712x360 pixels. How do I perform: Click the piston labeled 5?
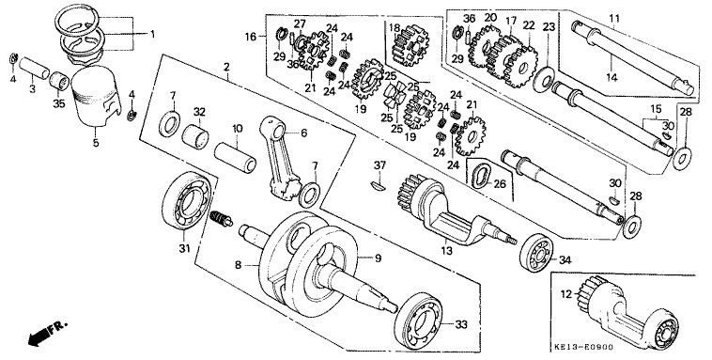coord(96,97)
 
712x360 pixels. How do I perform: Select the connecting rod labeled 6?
coord(281,158)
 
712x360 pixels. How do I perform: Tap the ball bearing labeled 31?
coord(186,201)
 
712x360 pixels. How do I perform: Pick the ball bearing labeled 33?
coord(418,321)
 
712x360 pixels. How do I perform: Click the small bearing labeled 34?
coord(536,253)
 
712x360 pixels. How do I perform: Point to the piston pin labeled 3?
coord(34,68)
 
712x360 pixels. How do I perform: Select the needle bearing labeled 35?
coord(59,81)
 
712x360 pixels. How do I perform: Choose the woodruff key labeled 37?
coord(378,184)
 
